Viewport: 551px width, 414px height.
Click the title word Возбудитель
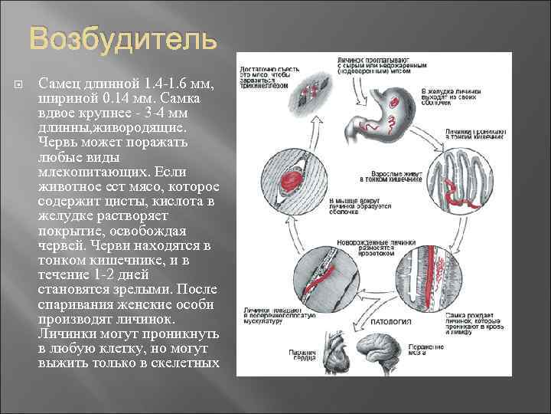tap(123, 40)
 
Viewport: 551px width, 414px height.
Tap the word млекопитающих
tap(87, 172)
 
